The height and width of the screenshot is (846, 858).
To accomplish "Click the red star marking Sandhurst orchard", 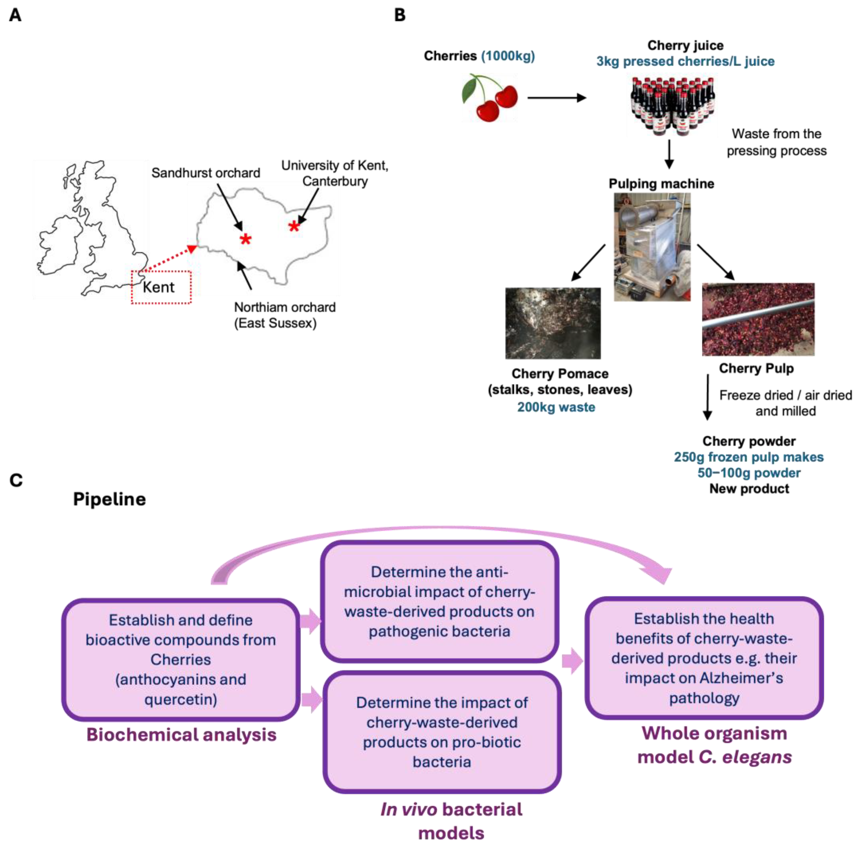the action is click(x=245, y=239).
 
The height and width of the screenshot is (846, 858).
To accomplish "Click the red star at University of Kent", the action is click(x=294, y=226).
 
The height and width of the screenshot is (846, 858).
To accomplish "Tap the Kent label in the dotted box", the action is click(x=158, y=287).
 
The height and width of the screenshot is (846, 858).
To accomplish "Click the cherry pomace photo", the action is click(x=553, y=323).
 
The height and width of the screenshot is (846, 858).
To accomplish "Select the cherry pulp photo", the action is click(x=758, y=319).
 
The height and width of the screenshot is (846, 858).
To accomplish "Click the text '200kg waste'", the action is click(x=556, y=407).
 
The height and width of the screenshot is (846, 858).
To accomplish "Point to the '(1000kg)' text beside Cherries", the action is click(x=508, y=56).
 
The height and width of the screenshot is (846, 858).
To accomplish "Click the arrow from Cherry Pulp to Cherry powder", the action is click(x=708, y=397).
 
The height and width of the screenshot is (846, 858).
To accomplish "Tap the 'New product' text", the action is click(x=749, y=489).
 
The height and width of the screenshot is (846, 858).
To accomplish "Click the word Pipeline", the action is click(x=109, y=499).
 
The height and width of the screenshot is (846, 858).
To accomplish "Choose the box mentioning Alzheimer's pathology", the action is click(x=704, y=658).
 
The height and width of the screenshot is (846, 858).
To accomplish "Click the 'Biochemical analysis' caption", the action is click(x=181, y=735).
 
